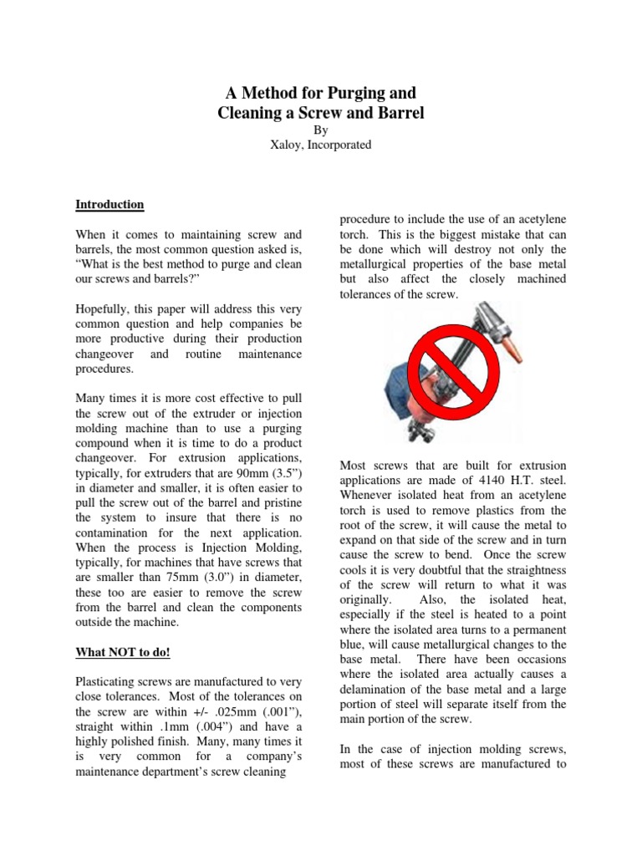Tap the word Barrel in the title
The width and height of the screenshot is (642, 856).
[x=396, y=113]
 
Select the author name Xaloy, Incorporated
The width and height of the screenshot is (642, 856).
[x=321, y=145]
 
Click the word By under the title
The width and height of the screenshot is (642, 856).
[x=321, y=130]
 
